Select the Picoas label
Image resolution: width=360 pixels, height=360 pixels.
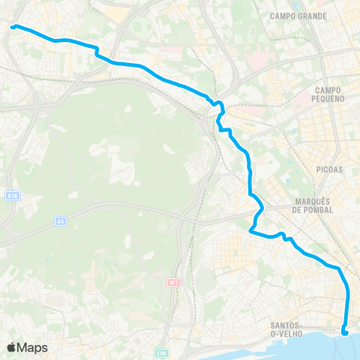click(x=329, y=169)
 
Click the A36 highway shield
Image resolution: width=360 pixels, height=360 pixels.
click(x=11, y=196)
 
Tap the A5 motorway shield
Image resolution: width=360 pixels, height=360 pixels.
click(x=60, y=221)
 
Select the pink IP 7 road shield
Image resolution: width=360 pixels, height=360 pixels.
click(x=172, y=282)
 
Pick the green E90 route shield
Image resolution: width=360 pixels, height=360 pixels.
click(x=161, y=351)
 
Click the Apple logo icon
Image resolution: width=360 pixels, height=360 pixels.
click(x=11, y=347)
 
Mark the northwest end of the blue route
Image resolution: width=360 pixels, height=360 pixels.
click(x=13, y=27)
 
